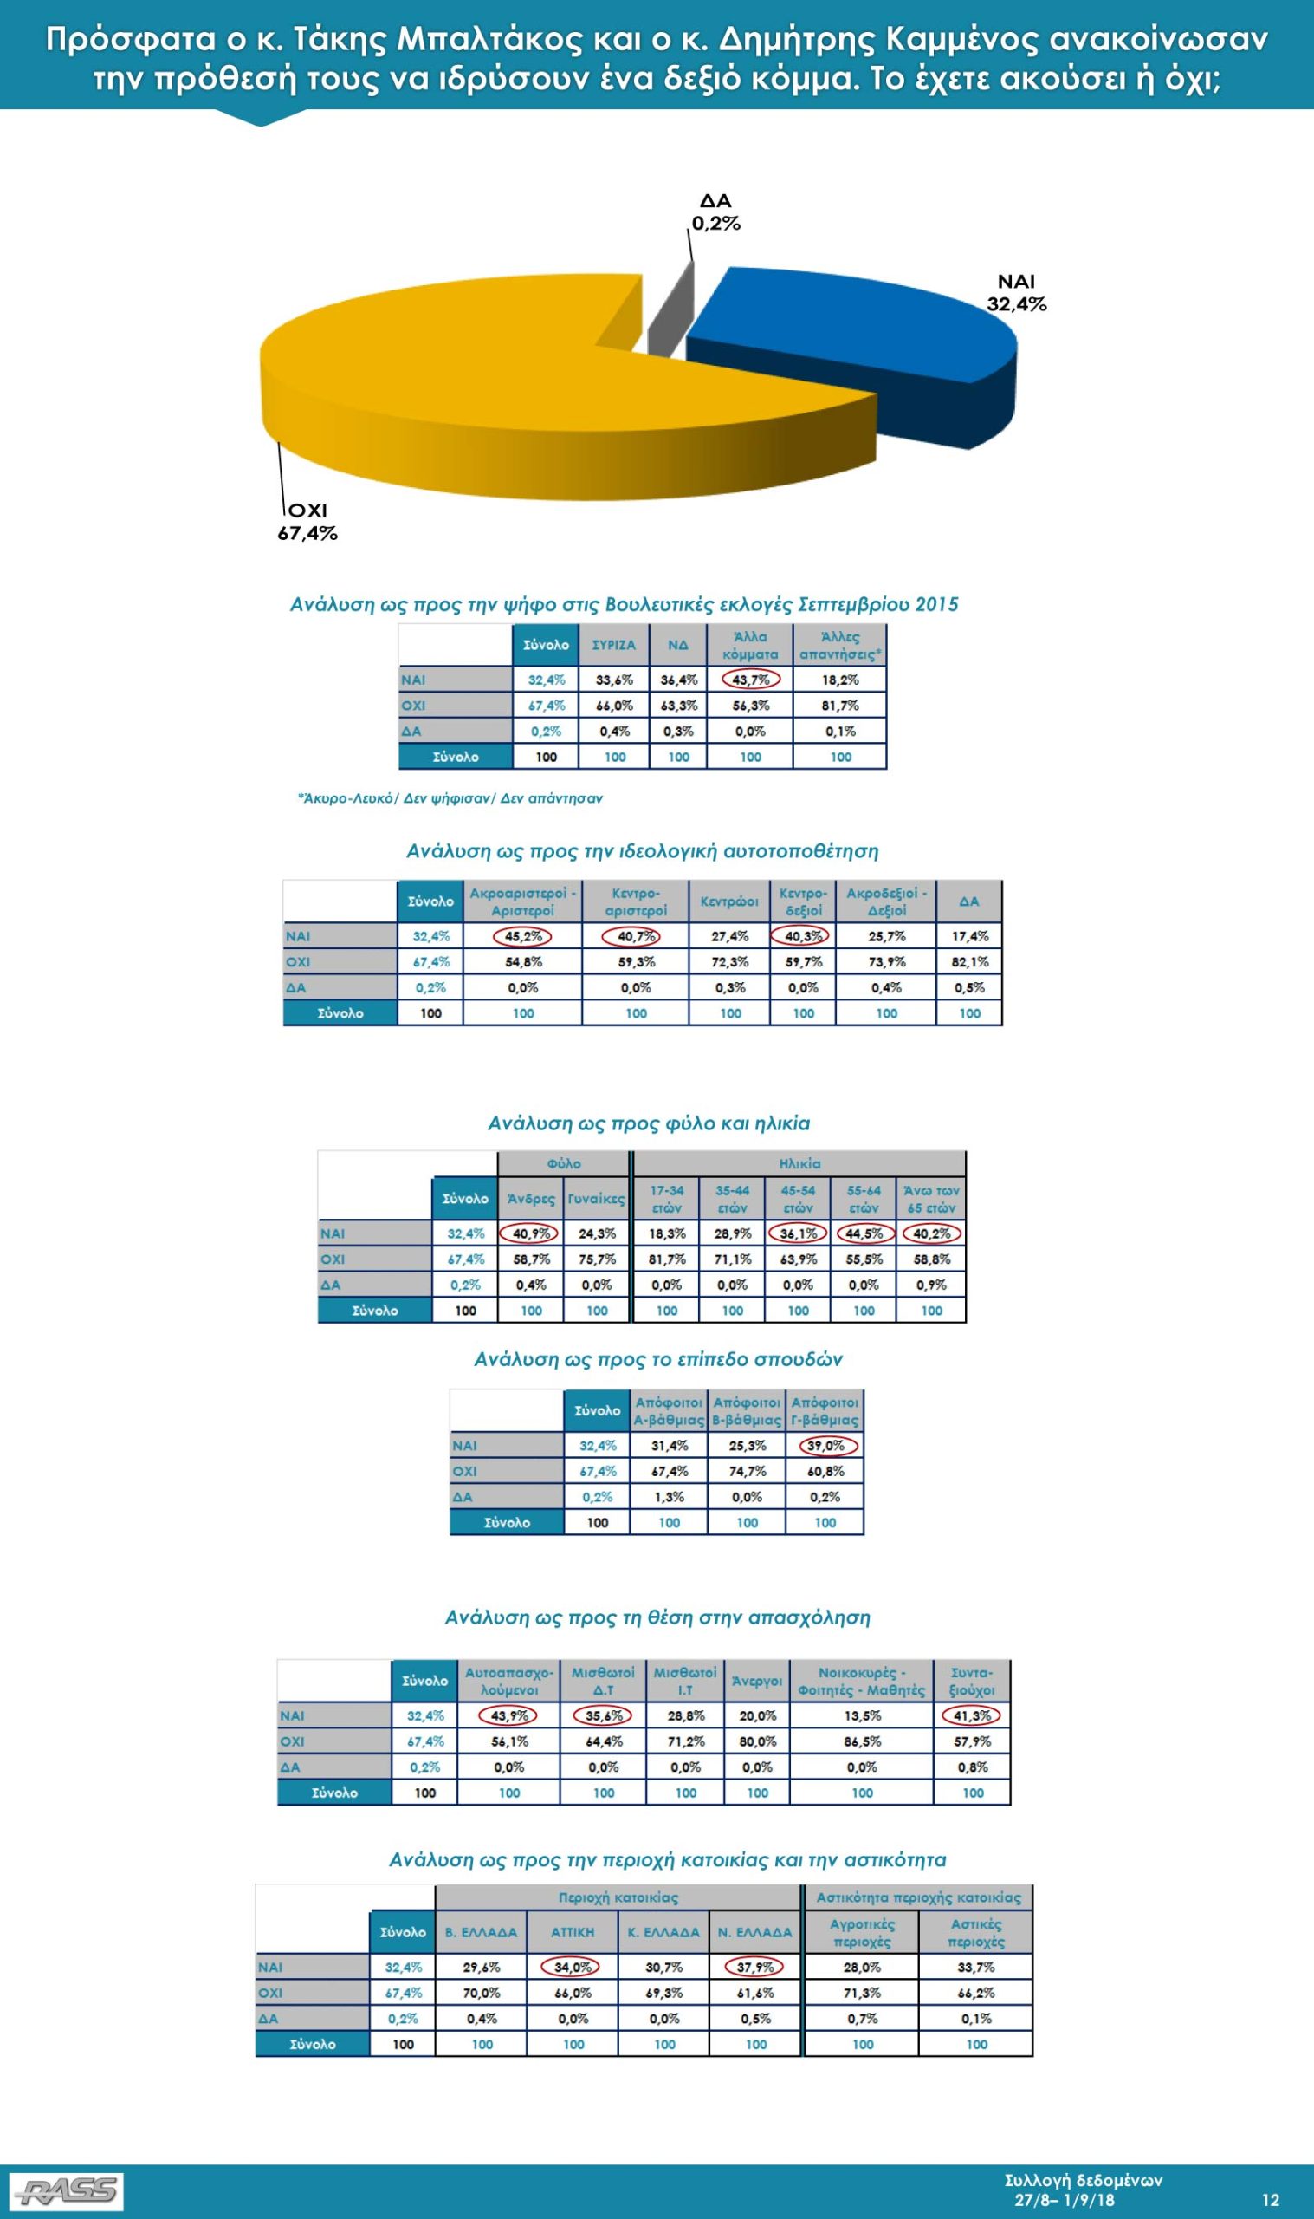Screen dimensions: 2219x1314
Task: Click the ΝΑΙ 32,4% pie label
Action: tap(1016, 293)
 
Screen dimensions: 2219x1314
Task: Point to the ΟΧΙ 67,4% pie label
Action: tap(308, 523)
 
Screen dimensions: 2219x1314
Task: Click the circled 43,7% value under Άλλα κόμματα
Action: tap(751, 680)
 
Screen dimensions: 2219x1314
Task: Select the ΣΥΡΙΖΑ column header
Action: tap(613, 645)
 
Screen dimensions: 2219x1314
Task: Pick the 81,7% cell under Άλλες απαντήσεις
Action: tap(840, 705)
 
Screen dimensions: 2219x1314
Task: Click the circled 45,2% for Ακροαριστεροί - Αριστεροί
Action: tap(522, 936)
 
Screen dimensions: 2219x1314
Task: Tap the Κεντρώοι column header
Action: tap(729, 901)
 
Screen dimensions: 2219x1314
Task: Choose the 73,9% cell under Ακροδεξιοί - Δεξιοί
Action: tap(886, 962)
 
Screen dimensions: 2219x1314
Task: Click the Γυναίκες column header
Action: tap(597, 1199)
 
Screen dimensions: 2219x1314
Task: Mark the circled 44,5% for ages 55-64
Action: tap(864, 1233)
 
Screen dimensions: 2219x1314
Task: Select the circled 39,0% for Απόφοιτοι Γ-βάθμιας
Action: tap(825, 1446)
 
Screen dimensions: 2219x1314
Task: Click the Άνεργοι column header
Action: tap(757, 1681)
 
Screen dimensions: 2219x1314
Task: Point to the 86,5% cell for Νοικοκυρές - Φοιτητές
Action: tap(862, 1741)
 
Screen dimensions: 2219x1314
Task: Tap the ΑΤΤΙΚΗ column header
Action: tap(573, 1932)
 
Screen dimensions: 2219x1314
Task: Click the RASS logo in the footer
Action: tap(67, 2184)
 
